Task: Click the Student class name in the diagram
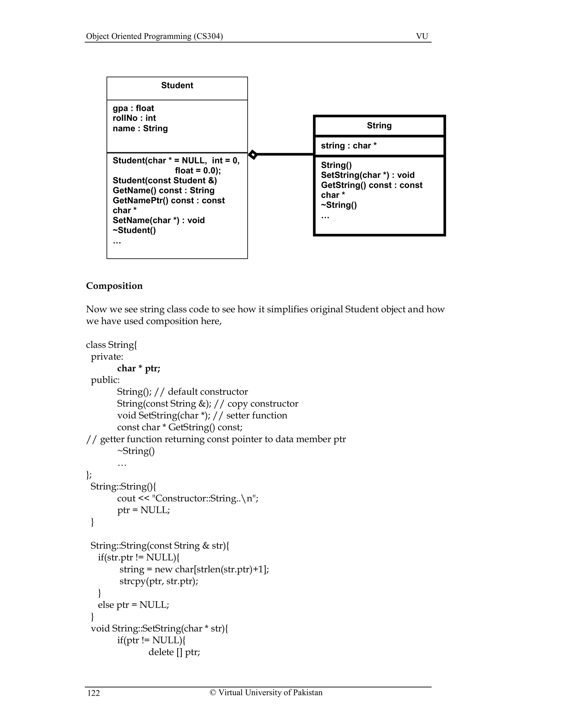point(177,85)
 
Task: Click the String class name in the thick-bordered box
point(379,125)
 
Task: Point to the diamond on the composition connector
point(253,155)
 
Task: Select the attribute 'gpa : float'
point(133,108)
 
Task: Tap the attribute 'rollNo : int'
point(134,118)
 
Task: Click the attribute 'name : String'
point(140,128)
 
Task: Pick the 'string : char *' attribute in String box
point(349,146)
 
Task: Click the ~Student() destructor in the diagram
point(134,230)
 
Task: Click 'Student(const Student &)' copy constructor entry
point(164,180)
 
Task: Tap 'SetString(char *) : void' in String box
point(368,175)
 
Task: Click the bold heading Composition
point(114,286)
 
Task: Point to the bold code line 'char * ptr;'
point(139,368)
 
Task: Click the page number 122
point(93,693)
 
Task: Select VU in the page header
point(422,36)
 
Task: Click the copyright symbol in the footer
point(213,692)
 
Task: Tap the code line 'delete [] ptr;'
point(174,652)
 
